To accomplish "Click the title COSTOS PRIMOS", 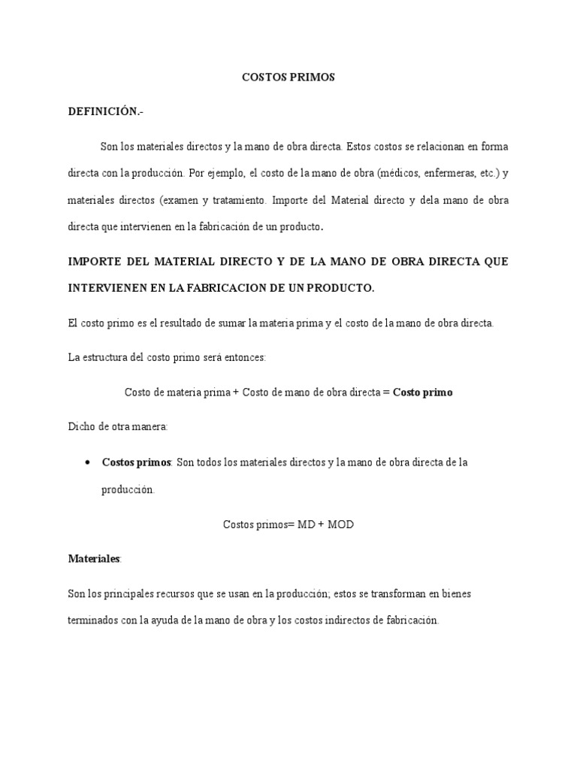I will click(288, 77).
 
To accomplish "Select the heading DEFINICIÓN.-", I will click(104, 111).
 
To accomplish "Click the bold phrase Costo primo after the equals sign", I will click(423, 393).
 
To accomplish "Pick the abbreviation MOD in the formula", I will click(340, 524).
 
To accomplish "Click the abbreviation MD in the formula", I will click(307, 524).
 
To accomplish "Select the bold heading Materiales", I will click(94, 559).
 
